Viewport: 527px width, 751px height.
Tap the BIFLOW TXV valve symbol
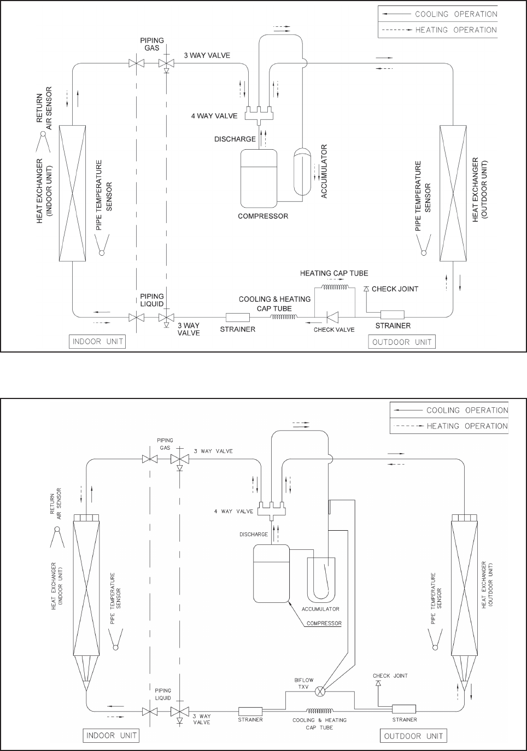[x=320, y=691]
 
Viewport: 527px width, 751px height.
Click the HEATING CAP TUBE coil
[x=335, y=288]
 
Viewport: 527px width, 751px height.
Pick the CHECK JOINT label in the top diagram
[x=395, y=289]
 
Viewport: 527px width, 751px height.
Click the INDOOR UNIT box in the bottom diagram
[x=110, y=735]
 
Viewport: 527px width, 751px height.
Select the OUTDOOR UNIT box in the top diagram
[x=402, y=342]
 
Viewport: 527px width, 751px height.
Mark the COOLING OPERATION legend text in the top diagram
[x=456, y=14]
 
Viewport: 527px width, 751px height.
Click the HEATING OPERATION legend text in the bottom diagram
[x=467, y=426]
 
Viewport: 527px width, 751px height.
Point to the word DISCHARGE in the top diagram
[x=235, y=139]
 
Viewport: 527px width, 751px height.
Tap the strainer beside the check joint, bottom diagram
[x=404, y=709]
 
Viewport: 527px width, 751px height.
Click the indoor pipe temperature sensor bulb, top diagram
[x=101, y=252]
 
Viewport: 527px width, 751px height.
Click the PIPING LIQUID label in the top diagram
[x=151, y=300]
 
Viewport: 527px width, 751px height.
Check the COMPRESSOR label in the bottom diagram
[x=324, y=623]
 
